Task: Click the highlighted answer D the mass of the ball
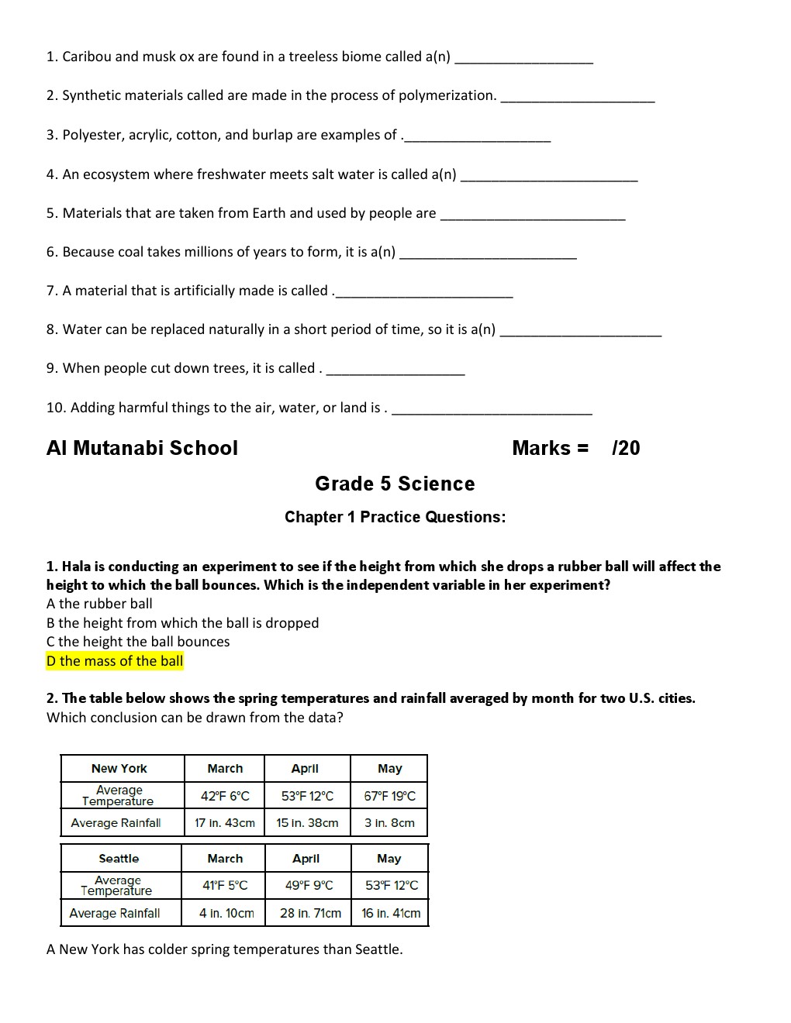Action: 115,661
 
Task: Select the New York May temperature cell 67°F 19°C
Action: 389,796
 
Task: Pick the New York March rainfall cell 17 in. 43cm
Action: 225,823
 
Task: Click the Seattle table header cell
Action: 119,859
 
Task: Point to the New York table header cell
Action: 119,769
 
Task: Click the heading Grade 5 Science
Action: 395,484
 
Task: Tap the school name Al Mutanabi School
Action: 142,448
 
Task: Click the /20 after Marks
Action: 626,448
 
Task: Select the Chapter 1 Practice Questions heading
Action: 395,517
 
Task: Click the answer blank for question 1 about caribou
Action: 524,60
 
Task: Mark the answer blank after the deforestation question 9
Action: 395,371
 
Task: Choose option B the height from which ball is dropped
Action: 182,623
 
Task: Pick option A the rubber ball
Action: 99,604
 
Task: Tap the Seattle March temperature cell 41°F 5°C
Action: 225,885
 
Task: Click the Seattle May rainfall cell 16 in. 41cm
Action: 391,913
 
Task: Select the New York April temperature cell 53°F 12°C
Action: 307,796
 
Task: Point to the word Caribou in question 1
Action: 88,57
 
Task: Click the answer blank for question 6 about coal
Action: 489,255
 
